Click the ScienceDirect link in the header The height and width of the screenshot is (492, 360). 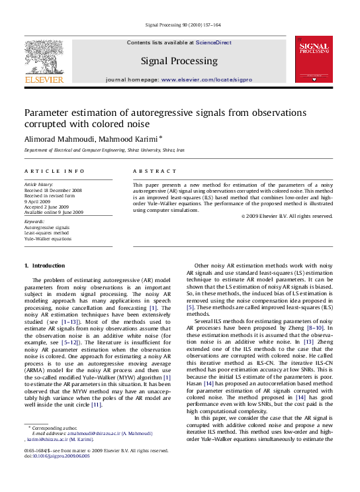pos(213,42)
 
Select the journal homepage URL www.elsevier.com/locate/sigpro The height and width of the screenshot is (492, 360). pos(206,79)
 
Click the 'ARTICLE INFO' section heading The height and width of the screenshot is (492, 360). pos(54,171)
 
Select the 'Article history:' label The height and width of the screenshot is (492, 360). pos(38,184)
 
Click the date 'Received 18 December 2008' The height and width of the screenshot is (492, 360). pos(53,190)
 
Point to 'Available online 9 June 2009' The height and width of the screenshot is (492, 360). pos(54,212)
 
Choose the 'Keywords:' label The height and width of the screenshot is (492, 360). pos(34,222)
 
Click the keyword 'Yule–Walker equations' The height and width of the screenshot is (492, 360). pos(48,238)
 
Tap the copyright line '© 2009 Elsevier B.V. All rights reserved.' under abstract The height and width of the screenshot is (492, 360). pos(287,217)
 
